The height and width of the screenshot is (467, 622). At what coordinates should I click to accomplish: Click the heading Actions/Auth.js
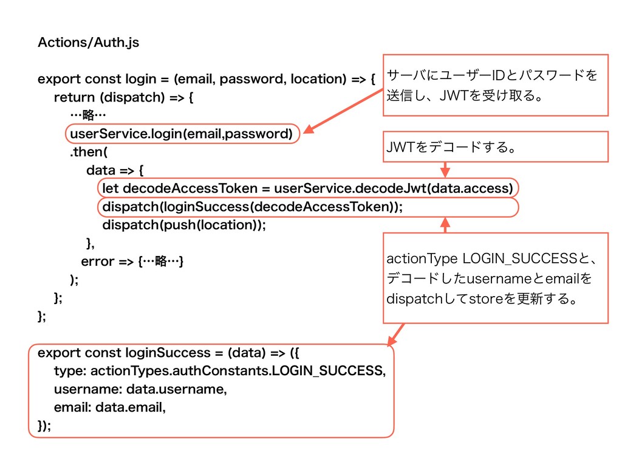point(88,43)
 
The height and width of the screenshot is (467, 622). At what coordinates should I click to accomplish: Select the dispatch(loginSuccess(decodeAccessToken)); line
point(252,207)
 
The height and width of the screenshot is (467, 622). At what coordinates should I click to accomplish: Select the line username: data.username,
point(140,389)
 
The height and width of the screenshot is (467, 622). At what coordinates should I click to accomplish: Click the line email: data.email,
point(109,407)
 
